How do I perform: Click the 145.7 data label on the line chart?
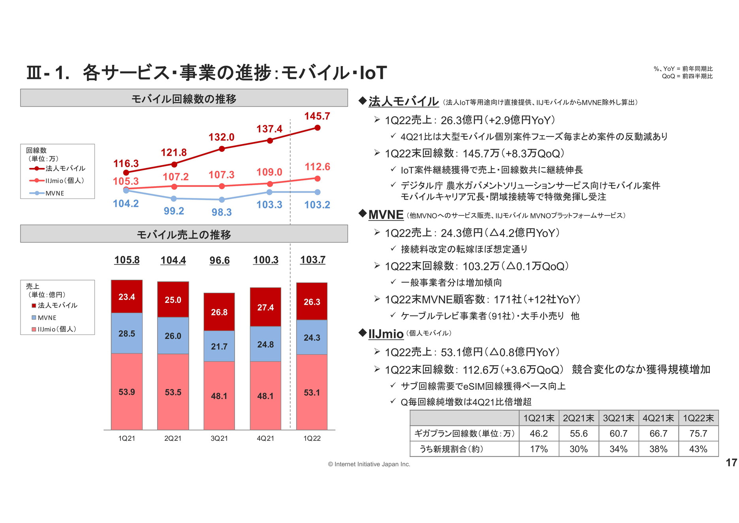tap(317, 116)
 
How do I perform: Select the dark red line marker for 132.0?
tap(222, 149)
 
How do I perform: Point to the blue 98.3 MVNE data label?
tap(222, 212)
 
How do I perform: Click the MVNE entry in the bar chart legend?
tap(47, 318)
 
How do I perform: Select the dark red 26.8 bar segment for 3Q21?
tap(219, 312)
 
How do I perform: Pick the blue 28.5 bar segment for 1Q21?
tap(127, 333)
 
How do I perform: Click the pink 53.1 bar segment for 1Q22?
tap(312, 392)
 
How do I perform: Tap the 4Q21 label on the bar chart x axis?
tap(265, 438)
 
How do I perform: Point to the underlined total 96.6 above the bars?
tap(220, 260)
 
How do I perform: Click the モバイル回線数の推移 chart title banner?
tap(184, 98)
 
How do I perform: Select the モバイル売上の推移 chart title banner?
tap(184, 234)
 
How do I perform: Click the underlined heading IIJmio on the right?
tap(386, 334)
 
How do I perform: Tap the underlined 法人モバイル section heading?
tap(404, 102)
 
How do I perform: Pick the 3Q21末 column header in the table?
tap(618, 418)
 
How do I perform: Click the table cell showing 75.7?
tap(698, 434)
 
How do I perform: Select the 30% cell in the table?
tap(579, 449)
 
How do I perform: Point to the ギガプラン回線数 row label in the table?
tap(464, 434)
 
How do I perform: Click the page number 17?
tap(731, 463)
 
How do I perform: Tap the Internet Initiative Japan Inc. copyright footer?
tap(369, 464)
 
